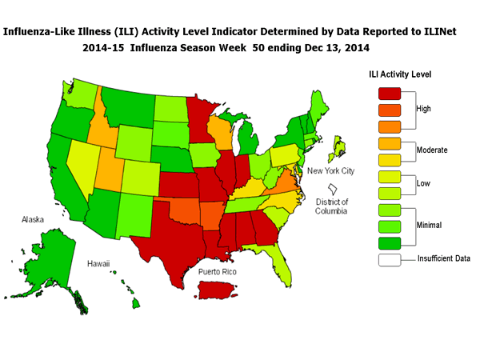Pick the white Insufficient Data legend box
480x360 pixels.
pos(391,258)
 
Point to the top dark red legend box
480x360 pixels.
pos(391,93)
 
